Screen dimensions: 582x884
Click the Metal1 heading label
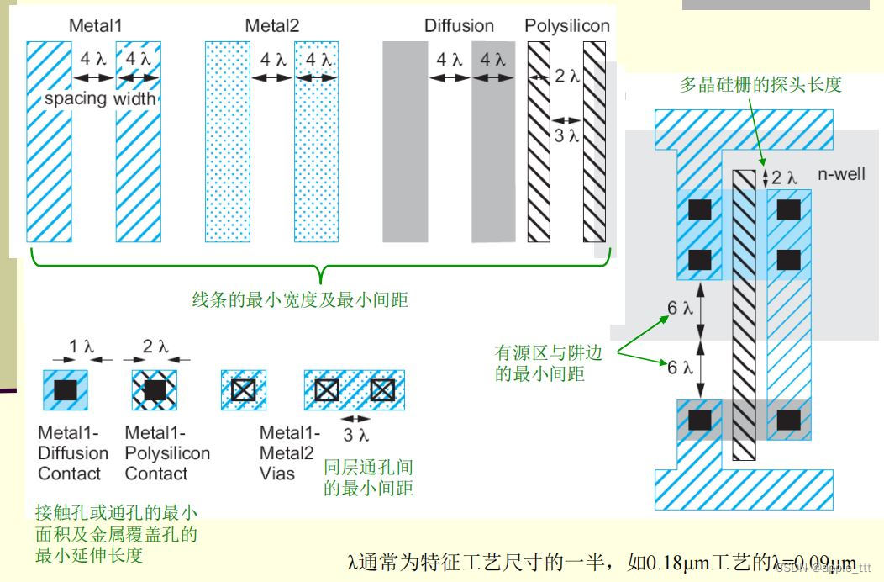(x=95, y=26)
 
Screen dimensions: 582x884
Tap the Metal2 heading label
(x=272, y=26)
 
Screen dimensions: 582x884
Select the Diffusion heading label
(x=459, y=26)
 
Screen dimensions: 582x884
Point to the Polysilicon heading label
(x=567, y=26)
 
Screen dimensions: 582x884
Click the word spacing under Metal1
(x=76, y=98)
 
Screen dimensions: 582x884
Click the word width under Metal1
(x=135, y=98)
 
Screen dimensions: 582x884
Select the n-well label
(x=841, y=174)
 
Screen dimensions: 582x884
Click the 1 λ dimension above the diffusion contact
(x=82, y=347)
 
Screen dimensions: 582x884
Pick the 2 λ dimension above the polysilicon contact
(x=155, y=347)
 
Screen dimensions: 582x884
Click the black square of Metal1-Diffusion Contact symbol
(x=66, y=389)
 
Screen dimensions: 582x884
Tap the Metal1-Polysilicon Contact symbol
(x=155, y=389)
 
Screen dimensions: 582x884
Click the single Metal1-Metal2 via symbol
(x=243, y=389)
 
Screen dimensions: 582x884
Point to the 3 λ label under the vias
(x=357, y=435)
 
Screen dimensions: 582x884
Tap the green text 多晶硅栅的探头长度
(x=760, y=85)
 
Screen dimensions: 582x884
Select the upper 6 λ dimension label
(x=681, y=308)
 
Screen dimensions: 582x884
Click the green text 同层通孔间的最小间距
(x=369, y=477)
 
